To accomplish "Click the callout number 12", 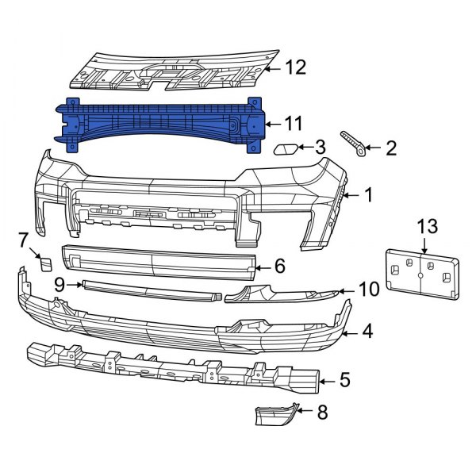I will click(295, 69).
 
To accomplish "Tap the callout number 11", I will click(294, 123).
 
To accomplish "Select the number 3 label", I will click(320, 147).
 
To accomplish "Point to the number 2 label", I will click(390, 147).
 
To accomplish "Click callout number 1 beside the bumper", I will click(368, 194).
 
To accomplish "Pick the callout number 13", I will click(428, 227).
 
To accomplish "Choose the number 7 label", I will click(23, 238).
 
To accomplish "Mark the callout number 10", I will click(369, 290).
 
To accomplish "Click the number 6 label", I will click(280, 267).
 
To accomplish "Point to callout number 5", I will click(344, 381).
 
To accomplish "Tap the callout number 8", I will click(322, 413).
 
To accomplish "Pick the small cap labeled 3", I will click(284, 148).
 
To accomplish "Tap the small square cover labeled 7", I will click(45, 262).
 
